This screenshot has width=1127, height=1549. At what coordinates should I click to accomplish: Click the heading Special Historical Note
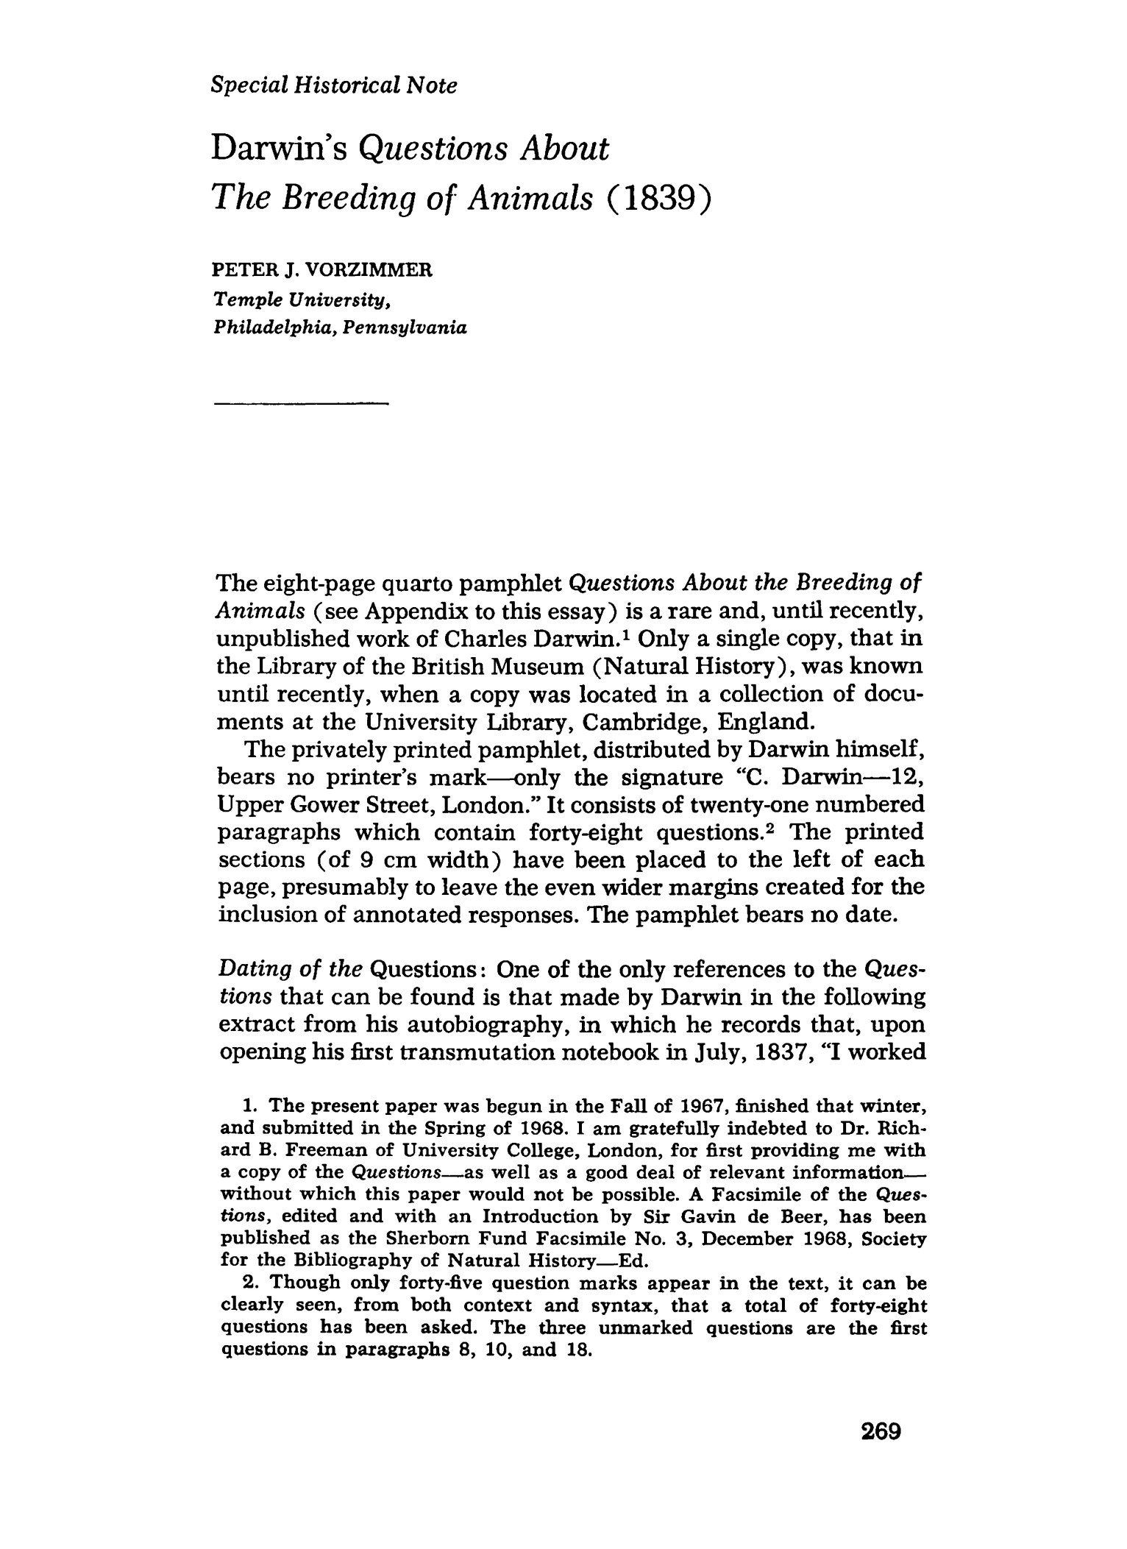[x=333, y=86]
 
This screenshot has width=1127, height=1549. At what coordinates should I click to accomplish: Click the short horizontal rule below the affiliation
[x=299, y=403]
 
